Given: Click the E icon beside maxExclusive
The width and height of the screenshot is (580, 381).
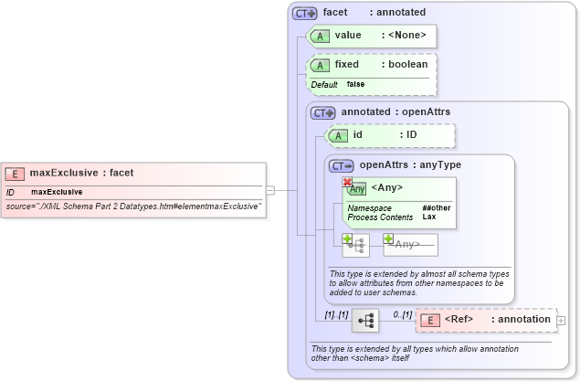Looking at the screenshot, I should tap(15, 173).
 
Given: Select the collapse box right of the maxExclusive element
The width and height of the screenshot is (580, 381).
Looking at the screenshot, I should tap(270, 190).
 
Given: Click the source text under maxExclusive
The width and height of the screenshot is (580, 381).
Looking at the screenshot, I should tap(134, 206).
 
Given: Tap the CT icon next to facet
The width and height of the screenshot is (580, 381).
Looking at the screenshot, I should tap(304, 14).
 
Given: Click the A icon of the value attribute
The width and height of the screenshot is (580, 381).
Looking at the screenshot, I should tap(319, 36).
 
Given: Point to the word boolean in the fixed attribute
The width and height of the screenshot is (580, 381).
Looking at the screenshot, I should tap(406, 65).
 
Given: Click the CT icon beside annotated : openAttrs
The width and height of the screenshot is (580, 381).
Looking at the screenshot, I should tap(322, 112).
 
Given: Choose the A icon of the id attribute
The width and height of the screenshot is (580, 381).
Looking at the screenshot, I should tap(337, 135).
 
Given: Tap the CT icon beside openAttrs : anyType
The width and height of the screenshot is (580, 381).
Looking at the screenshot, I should tap(342, 165).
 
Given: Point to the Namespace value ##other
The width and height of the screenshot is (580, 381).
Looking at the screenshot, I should tap(436, 208).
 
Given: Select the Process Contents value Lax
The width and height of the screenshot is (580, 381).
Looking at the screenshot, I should tap(428, 217).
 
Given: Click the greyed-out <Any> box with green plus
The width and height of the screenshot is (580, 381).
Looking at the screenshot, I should tap(410, 244).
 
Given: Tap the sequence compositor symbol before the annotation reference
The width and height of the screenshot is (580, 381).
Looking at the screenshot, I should tap(365, 320).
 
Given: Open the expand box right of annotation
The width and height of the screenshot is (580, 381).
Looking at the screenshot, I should tap(560, 320).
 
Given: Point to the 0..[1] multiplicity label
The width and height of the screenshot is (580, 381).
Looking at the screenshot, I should tap(402, 314).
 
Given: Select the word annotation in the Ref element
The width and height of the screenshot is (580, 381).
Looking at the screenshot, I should tap(521, 320).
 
